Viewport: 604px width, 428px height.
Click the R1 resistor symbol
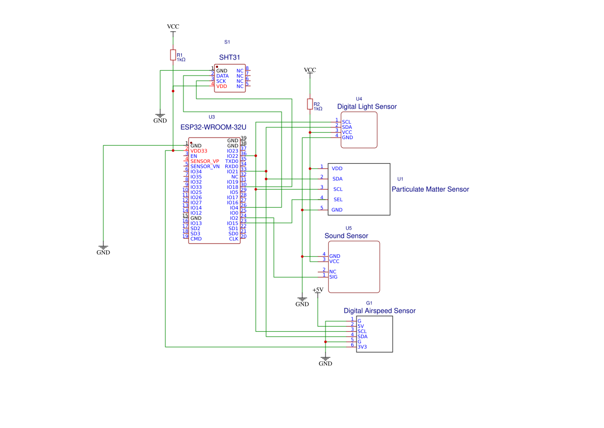(x=173, y=55)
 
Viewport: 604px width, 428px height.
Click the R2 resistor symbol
(x=310, y=104)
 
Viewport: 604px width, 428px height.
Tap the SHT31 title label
(x=229, y=57)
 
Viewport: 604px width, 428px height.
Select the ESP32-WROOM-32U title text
(x=213, y=127)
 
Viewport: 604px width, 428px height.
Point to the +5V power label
(x=318, y=290)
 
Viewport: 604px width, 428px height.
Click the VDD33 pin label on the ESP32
(x=199, y=151)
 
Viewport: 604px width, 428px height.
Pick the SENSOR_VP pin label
(x=205, y=161)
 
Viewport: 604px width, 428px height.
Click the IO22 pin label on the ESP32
(x=233, y=156)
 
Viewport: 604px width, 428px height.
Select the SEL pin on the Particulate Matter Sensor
(x=338, y=200)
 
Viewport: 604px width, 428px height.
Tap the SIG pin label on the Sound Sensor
(x=333, y=277)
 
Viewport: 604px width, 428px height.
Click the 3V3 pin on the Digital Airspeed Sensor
(x=362, y=347)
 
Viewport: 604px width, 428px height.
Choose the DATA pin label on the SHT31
(x=222, y=76)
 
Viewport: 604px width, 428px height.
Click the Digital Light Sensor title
(x=367, y=106)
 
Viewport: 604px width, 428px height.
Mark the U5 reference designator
(x=349, y=228)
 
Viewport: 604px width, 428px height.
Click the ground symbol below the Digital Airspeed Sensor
(x=326, y=358)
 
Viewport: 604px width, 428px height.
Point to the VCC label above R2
(x=310, y=70)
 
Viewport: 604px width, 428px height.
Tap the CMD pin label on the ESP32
(x=196, y=239)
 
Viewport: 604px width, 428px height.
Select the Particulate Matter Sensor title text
(x=430, y=189)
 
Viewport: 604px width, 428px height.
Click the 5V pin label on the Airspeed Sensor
(x=361, y=326)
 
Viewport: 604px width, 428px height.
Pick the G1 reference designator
(x=369, y=303)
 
